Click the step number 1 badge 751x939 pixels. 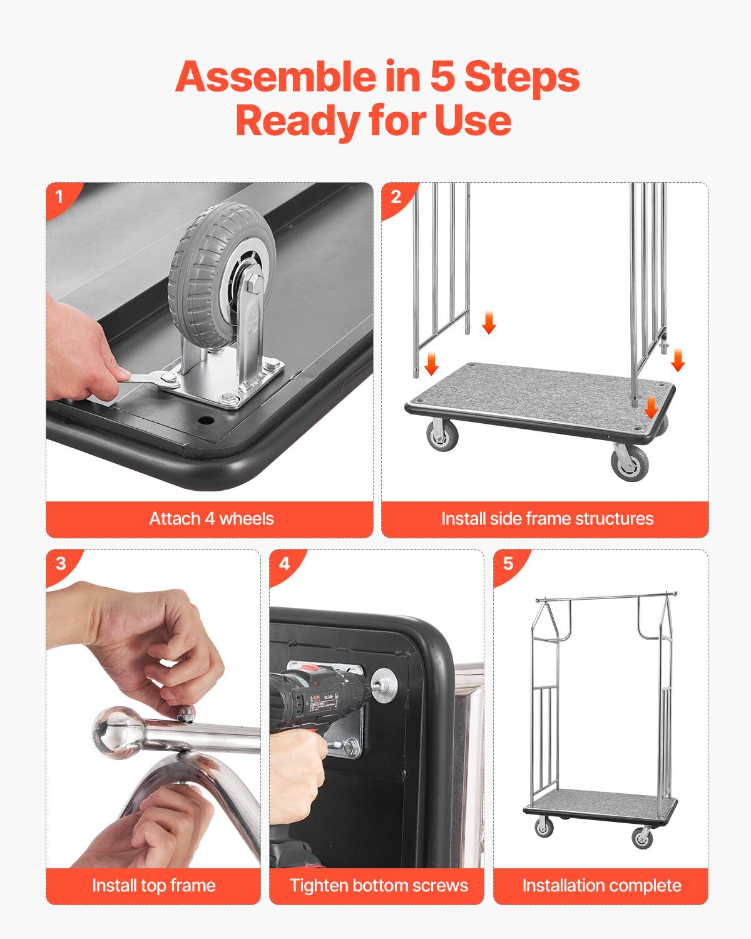[x=59, y=197]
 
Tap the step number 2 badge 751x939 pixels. [x=396, y=197]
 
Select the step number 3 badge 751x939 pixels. [x=60, y=563]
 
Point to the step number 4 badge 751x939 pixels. [x=284, y=563]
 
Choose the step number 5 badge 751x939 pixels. [x=508, y=563]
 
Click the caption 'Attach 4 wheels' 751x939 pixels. [x=211, y=519]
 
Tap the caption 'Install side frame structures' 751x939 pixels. [x=546, y=519]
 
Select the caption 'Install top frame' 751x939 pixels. [x=153, y=885]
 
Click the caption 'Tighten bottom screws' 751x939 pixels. [x=378, y=885]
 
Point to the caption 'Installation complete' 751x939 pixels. [x=601, y=885]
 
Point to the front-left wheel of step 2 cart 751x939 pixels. [x=442, y=434]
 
